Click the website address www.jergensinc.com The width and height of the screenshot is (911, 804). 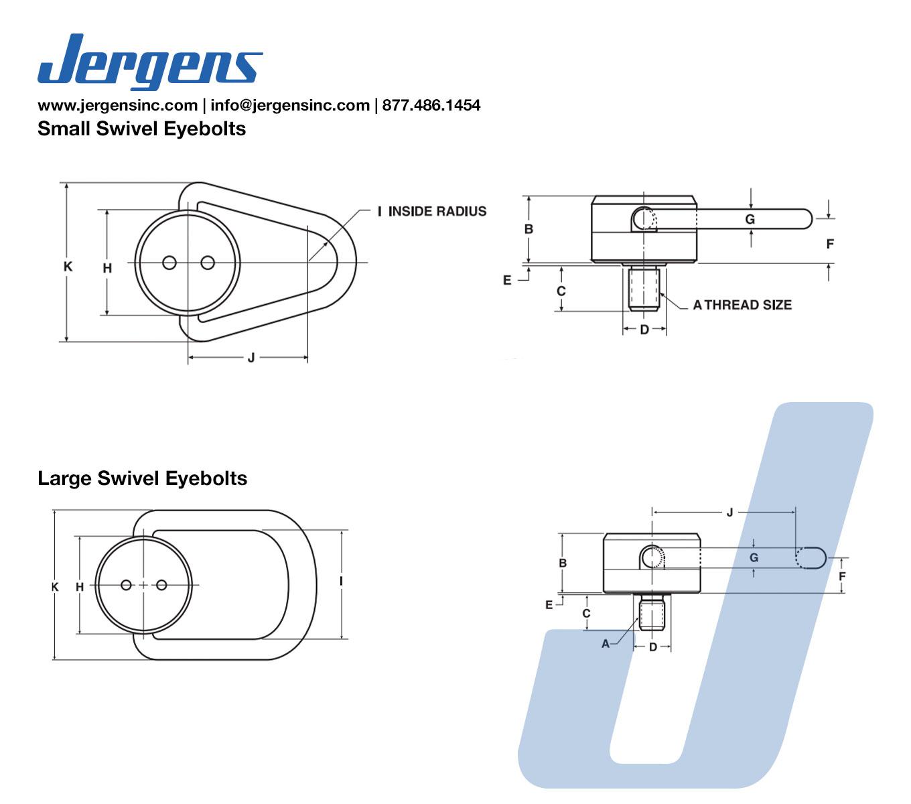[x=118, y=105]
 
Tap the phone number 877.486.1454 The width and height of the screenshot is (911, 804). [x=431, y=105]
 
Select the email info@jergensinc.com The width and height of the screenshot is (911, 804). [x=290, y=105]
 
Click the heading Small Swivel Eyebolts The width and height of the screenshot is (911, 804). [x=141, y=129]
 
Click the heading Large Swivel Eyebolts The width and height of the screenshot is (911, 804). [x=142, y=478]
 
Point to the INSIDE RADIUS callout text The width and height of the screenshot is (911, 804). [x=437, y=212]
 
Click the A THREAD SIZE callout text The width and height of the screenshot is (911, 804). [x=742, y=305]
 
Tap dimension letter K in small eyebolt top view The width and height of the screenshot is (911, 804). [x=68, y=267]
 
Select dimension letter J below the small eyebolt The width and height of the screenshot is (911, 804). [x=251, y=358]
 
